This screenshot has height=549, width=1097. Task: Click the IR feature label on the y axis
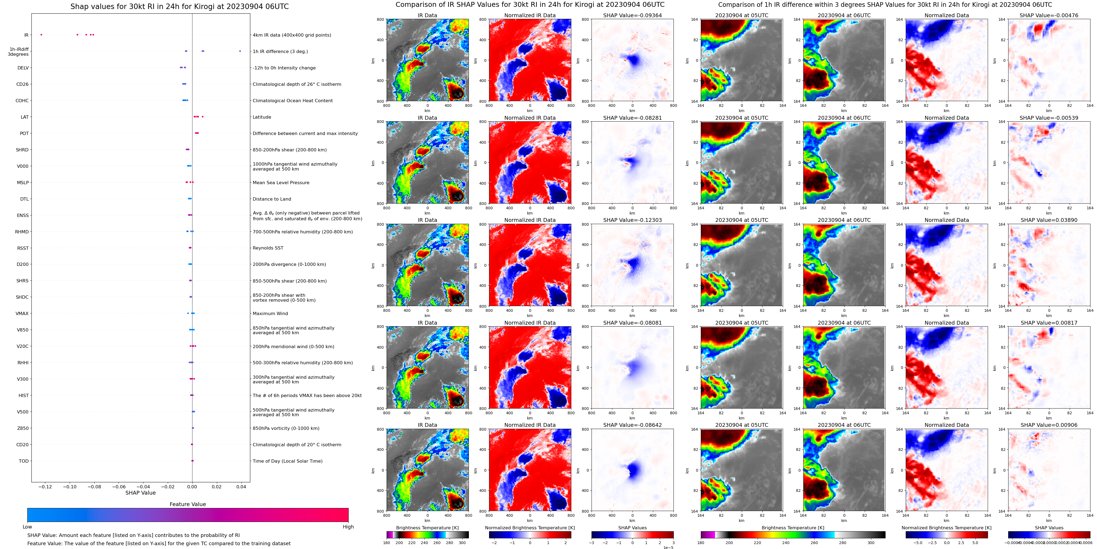click(x=27, y=35)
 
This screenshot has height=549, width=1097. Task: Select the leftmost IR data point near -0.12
click(x=41, y=34)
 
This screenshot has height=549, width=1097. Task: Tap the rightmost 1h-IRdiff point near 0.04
click(x=240, y=51)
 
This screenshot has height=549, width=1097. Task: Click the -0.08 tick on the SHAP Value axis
click(x=95, y=486)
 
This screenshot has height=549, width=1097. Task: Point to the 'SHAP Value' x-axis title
click(x=140, y=493)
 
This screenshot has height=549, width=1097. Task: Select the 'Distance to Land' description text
click(x=272, y=199)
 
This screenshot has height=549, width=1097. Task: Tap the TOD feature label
click(x=24, y=461)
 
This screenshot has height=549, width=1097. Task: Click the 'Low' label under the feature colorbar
click(x=27, y=527)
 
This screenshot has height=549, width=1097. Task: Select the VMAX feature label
click(x=22, y=313)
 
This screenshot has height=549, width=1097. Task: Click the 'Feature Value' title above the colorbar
click(x=187, y=504)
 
